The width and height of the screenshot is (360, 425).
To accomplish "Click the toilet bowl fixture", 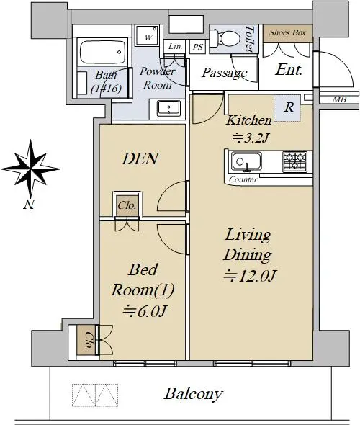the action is click(225, 37).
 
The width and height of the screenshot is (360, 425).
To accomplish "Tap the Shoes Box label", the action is click(287, 33).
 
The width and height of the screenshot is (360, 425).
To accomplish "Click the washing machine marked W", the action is click(147, 35).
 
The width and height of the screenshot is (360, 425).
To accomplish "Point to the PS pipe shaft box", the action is click(198, 47).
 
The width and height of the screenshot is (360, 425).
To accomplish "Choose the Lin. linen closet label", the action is click(175, 46).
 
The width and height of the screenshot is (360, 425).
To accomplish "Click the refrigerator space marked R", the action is click(287, 107).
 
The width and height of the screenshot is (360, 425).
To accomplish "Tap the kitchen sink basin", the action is click(246, 161).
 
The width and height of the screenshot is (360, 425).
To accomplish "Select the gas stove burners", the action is click(294, 161).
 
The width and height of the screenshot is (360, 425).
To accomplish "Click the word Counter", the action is click(243, 179).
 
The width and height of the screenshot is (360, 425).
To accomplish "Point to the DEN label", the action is click(140, 158).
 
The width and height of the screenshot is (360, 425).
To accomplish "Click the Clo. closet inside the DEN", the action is click(127, 205).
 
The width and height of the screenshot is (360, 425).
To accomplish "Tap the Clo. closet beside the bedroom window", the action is click(86, 340).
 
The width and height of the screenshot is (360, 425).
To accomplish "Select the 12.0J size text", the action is click(250, 276).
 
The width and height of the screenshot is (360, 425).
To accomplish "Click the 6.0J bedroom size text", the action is click(144, 311).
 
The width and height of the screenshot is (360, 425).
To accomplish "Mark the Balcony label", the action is click(194, 394).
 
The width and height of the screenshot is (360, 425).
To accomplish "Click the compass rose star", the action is click(30, 169).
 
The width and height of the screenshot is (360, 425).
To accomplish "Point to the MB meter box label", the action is click(339, 99).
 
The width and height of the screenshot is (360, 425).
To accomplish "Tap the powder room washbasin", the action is click(168, 109).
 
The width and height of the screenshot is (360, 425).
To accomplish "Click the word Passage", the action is click(225, 73).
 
